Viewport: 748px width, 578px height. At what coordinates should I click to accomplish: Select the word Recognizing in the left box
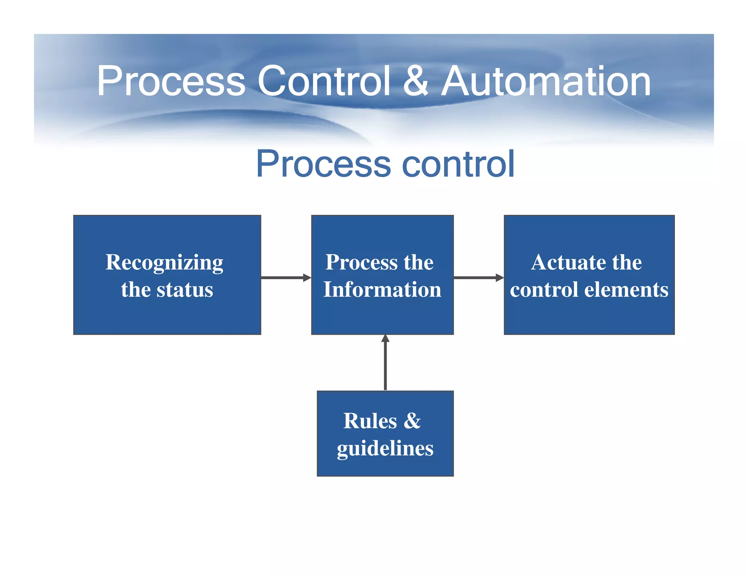pos(164,262)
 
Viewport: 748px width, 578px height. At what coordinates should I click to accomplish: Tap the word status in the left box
pos(185,290)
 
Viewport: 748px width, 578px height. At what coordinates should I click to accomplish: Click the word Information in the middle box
pos(382,290)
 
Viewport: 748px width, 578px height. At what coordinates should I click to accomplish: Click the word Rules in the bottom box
pos(370,421)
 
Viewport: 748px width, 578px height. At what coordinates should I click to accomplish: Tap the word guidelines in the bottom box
pos(385,448)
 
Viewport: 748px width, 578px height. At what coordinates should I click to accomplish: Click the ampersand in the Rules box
pos(412,421)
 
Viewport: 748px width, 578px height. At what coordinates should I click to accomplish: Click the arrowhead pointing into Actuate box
pos(500,278)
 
